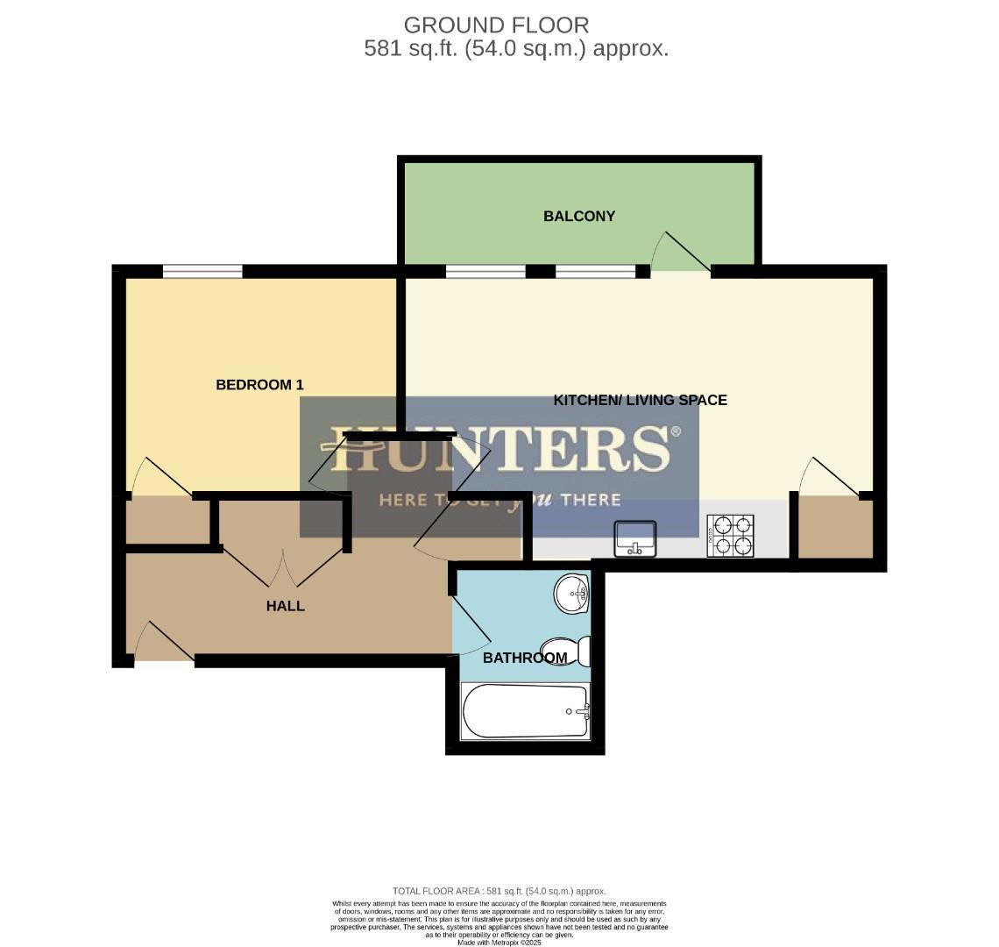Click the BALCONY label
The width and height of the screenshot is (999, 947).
[x=579, y=216]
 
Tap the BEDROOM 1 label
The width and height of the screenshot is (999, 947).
[x=259, y=384]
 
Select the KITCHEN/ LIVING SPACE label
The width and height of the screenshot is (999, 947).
[x=640, y=400]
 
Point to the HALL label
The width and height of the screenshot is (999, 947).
[x=286, y=606]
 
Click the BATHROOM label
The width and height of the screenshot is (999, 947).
[x=525, y=658]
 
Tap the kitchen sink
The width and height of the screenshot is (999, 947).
[x=635, y=538]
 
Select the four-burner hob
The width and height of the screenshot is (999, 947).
[x=731, y=535]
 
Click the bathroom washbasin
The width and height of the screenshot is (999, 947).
[x=574, y=594]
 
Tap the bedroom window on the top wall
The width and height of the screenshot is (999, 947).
[x=202, y=271]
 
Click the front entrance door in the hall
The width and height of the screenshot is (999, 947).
[x=163, y=642]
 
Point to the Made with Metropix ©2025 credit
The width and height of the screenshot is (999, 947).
[x=499, y=943]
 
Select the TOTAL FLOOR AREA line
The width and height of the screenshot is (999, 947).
[x=499, y=891]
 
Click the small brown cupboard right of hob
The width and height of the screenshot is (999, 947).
[x=836, y=526]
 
